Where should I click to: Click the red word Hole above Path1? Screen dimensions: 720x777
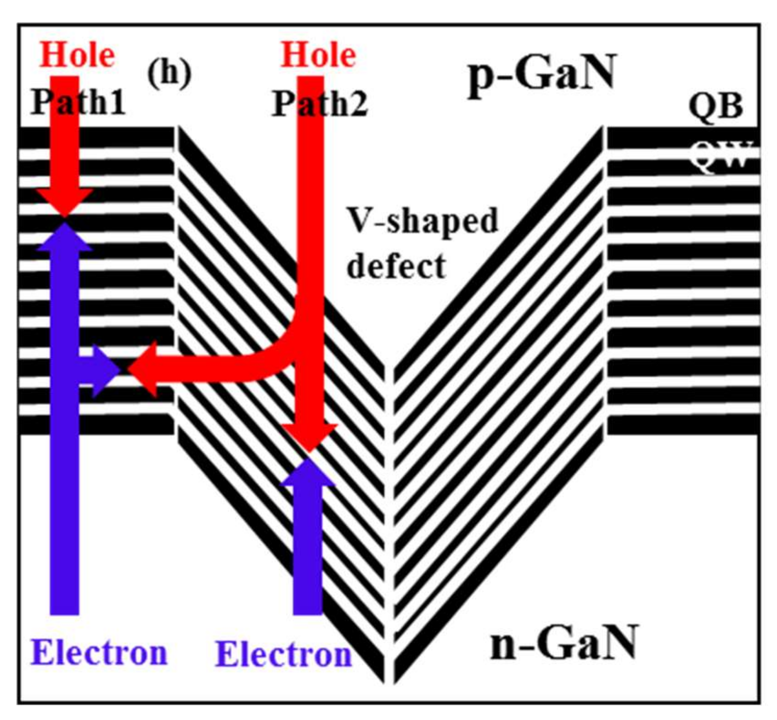point(77,56)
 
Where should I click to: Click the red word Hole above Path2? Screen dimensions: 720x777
point(318,56)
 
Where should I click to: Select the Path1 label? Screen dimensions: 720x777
point(78,102)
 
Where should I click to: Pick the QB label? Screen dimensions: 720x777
point(715,107)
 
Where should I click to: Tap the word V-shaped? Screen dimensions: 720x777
point(422,221)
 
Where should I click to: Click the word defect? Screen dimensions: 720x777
point(396,266)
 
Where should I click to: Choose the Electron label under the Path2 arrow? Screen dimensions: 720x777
point(283,654)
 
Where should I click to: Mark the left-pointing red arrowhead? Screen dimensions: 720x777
point(144,369)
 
